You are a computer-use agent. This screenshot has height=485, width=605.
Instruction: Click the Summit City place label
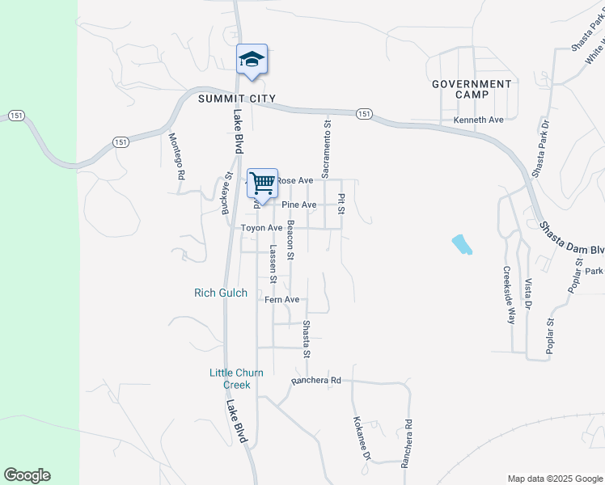click(x=237, y=99)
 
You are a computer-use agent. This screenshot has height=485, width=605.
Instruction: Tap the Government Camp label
click(x=472, y=89)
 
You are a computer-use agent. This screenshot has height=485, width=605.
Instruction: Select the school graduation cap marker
click(x=252, y=59)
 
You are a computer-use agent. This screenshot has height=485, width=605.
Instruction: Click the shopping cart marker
click(x=262, y=183)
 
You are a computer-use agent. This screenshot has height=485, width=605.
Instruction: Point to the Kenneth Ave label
click(x=478, y=120)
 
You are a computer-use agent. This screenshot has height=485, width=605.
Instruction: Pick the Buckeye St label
click(x=227, y=193)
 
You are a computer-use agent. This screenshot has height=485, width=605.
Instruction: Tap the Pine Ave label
click(x=298, y=205)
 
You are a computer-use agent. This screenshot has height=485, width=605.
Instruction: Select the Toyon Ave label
click(x=261, y=229)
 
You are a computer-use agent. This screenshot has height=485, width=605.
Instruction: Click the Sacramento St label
click(x=327, y=149)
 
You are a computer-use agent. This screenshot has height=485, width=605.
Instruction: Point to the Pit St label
click(x=342, y=204)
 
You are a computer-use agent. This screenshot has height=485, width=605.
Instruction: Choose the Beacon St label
click(x=290, y=240)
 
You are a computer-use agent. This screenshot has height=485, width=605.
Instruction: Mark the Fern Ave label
click(x=282, y=300)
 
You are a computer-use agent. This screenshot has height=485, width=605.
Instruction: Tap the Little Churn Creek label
click(x=230, y=378)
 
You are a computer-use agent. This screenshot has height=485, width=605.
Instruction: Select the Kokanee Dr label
click(x=361, y=440)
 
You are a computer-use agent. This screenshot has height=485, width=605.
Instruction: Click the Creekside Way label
click(x=510, y=294)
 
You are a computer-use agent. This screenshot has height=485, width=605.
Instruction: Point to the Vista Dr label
click(x=528, y=294)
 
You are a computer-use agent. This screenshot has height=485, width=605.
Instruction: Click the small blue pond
click(x=460, y=243)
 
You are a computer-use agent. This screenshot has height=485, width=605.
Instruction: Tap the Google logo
click(x=27, y=475)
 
